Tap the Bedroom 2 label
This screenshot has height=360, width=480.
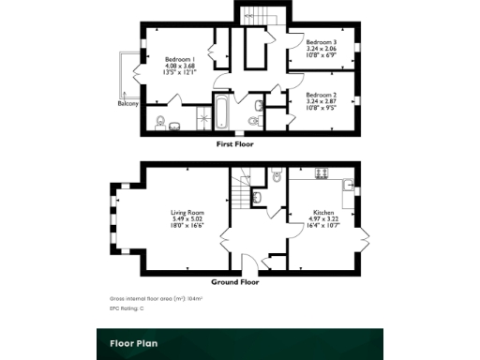322,95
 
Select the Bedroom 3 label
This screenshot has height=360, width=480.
322,43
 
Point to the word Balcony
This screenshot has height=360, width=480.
128,104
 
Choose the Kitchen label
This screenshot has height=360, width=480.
323,213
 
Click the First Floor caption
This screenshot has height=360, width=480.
234,144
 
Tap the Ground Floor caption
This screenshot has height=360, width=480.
234,281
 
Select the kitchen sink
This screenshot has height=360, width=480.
347,186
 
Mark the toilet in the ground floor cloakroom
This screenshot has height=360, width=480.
277,175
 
